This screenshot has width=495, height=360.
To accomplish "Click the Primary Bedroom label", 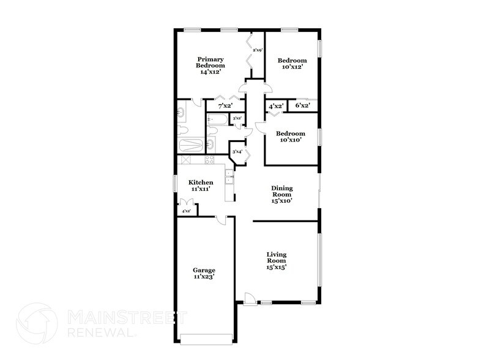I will click(210, 66).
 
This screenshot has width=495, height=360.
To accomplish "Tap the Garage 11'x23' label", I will click(204, 273).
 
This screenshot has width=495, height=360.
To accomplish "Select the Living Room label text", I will click(277, 260).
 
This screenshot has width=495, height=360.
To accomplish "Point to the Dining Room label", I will click(283, 194).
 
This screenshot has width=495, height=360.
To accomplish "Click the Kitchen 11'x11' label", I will click(201, 186).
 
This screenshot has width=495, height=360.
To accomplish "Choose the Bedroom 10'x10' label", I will click(290, 137).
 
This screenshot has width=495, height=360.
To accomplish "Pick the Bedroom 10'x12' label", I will click(292, 64).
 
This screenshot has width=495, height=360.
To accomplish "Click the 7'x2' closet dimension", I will click(225, 106).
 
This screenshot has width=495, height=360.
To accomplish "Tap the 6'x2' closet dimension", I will click(302, 106).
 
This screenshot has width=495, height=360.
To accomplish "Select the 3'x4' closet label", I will click(236, 151).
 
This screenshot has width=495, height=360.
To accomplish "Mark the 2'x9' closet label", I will click(257, 50).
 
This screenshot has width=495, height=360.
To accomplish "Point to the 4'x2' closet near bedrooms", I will click(276, 106).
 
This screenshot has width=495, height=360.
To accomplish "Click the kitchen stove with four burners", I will click(209, 160).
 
